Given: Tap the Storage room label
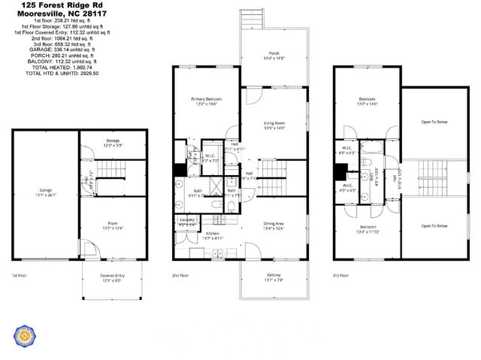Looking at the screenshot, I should tap(113, 141).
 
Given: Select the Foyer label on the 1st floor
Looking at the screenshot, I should tap(113, 224).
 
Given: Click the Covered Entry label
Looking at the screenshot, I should tap(113, 276).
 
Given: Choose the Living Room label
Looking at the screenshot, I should tap(274, 123).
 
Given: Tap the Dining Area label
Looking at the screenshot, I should tap(274, 224).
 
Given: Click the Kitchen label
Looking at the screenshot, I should tap(213, 234).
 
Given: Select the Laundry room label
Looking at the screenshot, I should tap(188, 220).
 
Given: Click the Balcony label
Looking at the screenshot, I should tap(274, 279).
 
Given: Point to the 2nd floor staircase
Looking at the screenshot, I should tap(273, 180).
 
